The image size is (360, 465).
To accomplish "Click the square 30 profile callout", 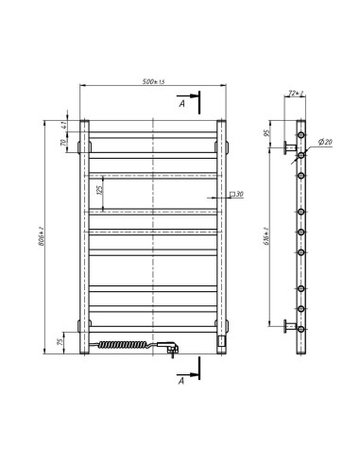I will click(235, 195).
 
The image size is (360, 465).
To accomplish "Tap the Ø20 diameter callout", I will click(323, 142).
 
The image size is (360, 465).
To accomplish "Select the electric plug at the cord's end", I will click(173, 349).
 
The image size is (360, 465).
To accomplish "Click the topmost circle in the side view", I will click(302, 137).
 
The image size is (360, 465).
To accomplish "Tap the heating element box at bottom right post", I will click(222, 336).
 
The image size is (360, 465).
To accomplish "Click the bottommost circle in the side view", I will click(302, 330).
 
